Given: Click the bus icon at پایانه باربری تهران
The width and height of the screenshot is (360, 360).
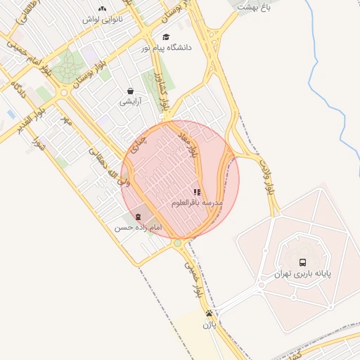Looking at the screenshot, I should [x=303, y=261].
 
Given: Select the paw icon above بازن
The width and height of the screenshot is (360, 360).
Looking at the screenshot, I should [x=209, y=314].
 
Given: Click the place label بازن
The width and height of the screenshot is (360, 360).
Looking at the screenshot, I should [x=209, y=325].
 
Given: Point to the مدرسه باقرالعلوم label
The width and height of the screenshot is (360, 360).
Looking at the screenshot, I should [x=197, y=202].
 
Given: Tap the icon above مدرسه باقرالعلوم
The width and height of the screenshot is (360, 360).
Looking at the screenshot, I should [x=198, y=191].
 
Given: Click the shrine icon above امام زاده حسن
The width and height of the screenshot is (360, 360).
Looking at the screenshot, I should [x=138, y=217].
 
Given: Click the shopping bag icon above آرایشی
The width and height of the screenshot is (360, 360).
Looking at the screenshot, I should [x=131, y=91].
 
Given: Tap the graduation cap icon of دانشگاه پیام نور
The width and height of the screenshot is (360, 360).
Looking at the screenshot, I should [x=166, y=37].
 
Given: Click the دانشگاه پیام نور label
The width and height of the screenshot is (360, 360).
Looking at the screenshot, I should [x=166, y=48].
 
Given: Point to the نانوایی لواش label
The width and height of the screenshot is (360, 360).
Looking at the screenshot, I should [x=103, y=20].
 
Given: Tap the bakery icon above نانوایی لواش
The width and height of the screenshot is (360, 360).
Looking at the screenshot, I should [x=103, y=9].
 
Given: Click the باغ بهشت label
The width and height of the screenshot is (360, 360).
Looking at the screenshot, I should [x=254, y=6].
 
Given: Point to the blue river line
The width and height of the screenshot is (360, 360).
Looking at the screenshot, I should [x=340, y=105].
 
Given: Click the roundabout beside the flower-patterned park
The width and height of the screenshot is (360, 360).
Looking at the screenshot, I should [x=65, y=92].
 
